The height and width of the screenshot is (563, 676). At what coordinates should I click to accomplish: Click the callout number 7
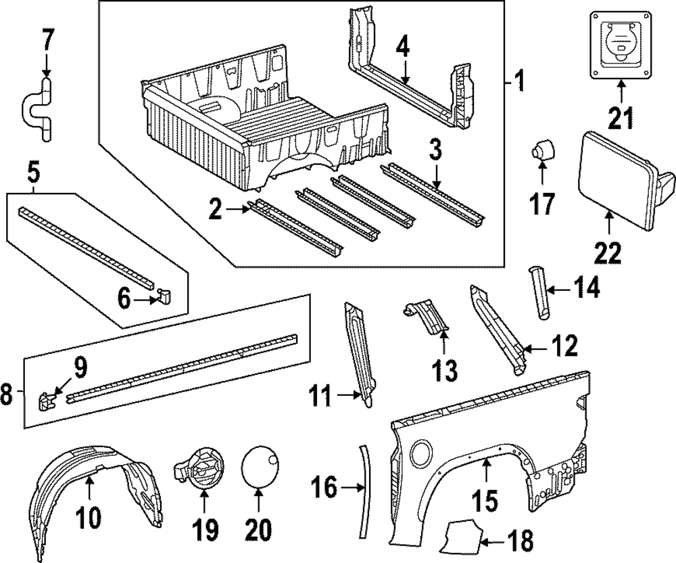46,42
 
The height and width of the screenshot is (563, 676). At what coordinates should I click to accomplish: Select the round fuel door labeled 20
260,466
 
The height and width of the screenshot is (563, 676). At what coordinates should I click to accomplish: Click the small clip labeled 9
47,401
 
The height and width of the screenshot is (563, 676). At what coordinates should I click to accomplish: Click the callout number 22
606,253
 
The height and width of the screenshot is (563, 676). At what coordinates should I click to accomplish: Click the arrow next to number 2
238,210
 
